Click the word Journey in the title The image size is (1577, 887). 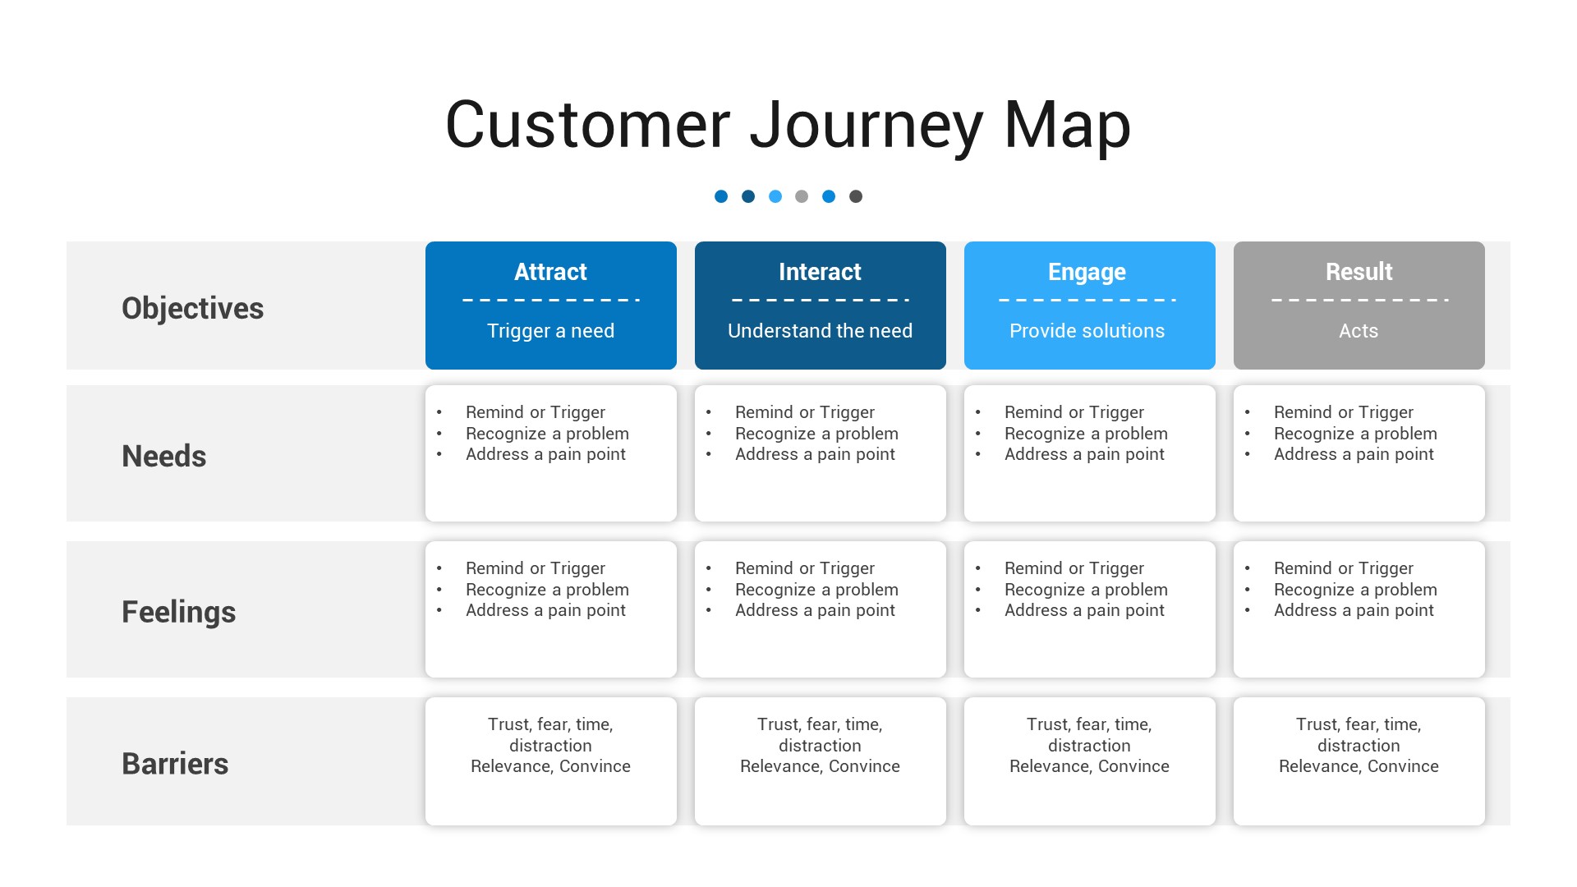pyautogui.click(x=866, y=125)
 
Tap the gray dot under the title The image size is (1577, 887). pyautogui.click(x=802, y=196)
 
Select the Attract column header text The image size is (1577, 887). pyautogui.click(x=550, y=272)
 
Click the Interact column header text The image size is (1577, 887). pyautogui.click(x=820, y=272)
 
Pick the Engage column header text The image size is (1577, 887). pyautogui.click(x=1087, y=272)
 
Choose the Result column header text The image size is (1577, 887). pyautogui.click(x=1359, y=272)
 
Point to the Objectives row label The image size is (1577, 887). pyautogui.click(x=192, y=308)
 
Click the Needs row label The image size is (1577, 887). pyautogui.click(x=163, y=456)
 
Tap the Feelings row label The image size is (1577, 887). pyautogui.click(x=178, y=612)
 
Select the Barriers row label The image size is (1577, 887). pyautogui.click(x=175, y=764)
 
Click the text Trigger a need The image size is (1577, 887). pyautogui.click(x=550, y=331)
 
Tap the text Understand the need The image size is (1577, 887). pyautogui.click(x=820, y=331)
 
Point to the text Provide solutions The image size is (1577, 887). pyautogui.click(x=1087, y=331)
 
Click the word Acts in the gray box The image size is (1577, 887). pyautogui.click(x=1359, y=331)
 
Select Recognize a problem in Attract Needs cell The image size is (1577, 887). pyautogui.click(x=547, y=434)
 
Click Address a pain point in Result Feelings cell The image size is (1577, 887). pyautogui.click(x=1354, y=610)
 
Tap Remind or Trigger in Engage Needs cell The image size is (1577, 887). pyautogui.click(x=1074, y=412)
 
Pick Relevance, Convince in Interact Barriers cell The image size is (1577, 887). pyautogui.click(x=820, y=766)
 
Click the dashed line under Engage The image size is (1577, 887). pyautogui.click(x=1087, y=300)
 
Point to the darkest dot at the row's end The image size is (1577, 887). pyautogui.click(x=856, y=196)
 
